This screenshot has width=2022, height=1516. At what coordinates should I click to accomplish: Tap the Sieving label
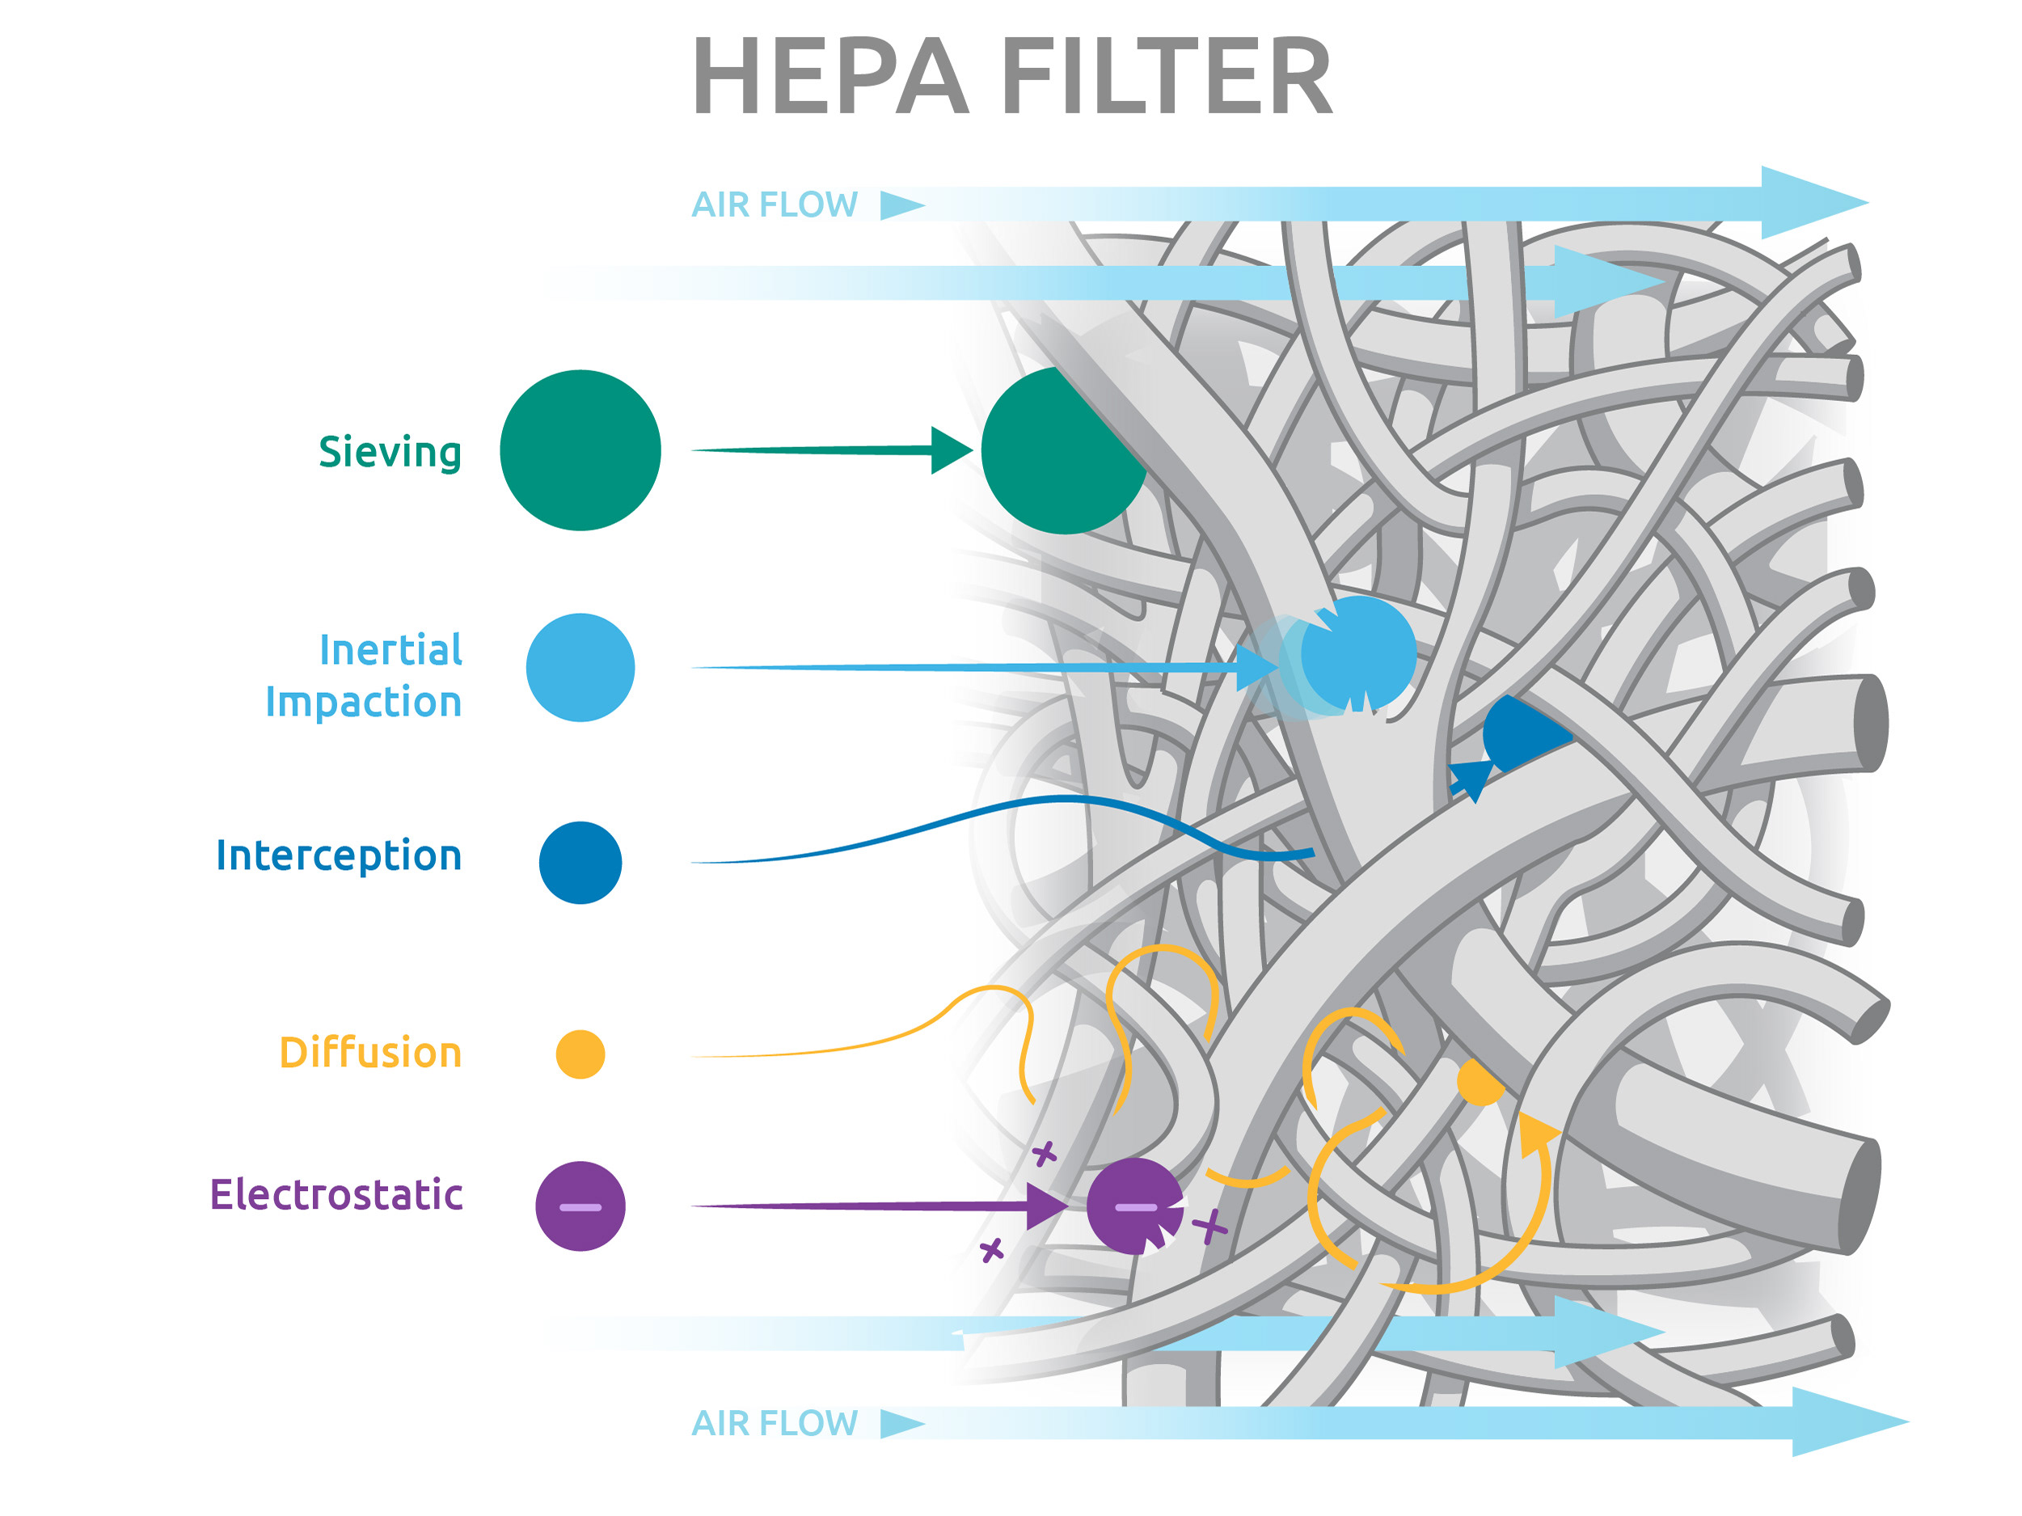click(x=390, y=452)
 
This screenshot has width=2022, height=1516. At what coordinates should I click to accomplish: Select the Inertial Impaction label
click(x=364, y=676)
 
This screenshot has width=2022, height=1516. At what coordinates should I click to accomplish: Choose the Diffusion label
click(x=370, y=1054)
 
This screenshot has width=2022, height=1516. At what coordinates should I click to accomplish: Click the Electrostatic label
click(x=336, y=1195)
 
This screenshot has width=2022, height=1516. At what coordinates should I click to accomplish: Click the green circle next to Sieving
click(x=580, y=450)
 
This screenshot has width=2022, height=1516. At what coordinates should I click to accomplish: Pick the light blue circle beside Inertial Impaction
click(x=580, y=668)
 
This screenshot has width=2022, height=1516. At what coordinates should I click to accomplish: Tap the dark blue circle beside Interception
click(x=580, y=862)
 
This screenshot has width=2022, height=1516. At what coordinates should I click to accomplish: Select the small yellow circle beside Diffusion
click(x=580, y=1054)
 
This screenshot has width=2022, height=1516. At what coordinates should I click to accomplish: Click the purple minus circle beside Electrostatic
click(x=580, y=1206)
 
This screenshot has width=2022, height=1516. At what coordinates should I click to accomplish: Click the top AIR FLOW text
click(x=775, y=205)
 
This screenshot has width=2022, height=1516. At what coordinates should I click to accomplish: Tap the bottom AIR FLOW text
click(x=775, y=1424)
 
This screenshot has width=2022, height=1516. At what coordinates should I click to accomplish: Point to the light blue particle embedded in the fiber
click(x=1359, y=652)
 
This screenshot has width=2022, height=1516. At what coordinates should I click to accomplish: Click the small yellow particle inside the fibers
click(x=1478, y=1083)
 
